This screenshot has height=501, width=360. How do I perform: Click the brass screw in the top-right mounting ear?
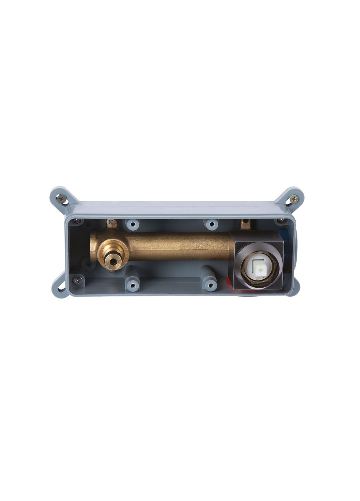pyautogui.click(x=294, y=199)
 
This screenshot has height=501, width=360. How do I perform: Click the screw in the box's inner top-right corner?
pyautogui.click(x=280, y=221)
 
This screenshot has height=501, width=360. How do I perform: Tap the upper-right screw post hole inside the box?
pyautogui.click(x=211, y=224)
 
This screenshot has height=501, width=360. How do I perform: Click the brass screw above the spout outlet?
pyautogui.click(x=112, y=222)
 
